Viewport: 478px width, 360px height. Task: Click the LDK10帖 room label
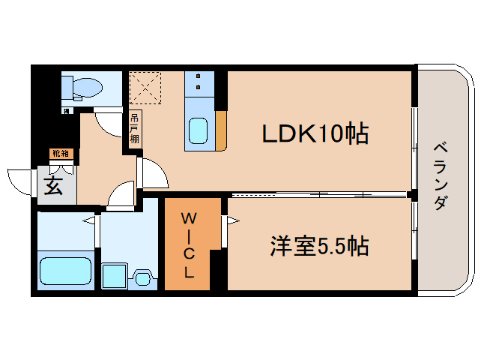[315, 133]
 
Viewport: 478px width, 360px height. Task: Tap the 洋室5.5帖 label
[319, 246]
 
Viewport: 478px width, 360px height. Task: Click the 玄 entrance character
[53, 186]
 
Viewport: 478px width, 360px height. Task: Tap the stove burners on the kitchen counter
[200, 82]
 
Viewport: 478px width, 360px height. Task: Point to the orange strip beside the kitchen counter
[220, 130]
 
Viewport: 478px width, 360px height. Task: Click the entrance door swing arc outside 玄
[21, 182]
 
